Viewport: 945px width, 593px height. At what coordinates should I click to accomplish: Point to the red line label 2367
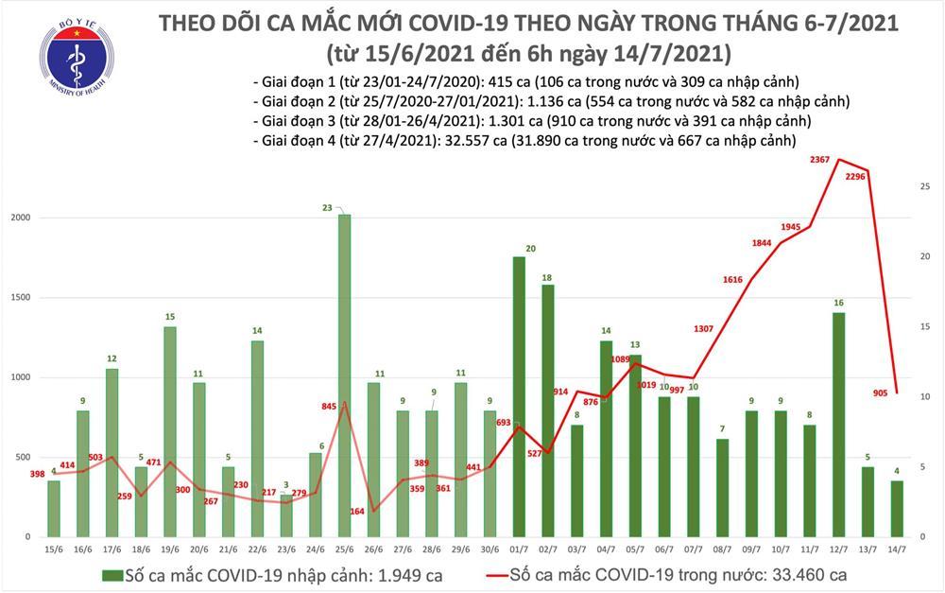pos(820,160)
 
